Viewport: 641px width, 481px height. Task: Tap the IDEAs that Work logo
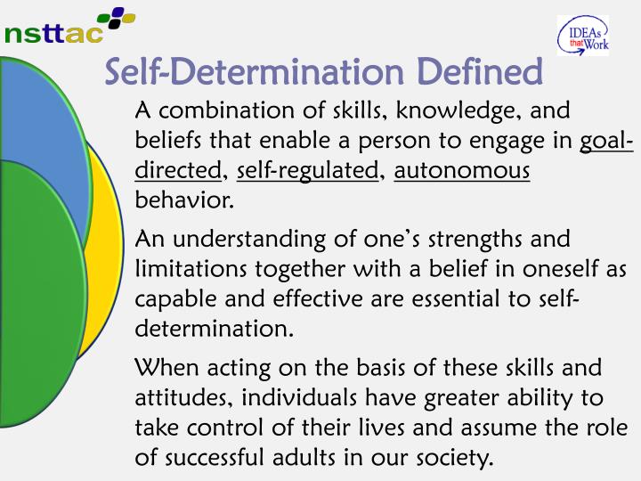[582, 37]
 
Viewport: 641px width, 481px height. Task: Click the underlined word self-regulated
[308, 170]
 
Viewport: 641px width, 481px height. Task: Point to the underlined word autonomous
[462, 170]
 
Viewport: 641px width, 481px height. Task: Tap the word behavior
[183, 200]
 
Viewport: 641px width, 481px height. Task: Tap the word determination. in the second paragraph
[214, 330]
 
